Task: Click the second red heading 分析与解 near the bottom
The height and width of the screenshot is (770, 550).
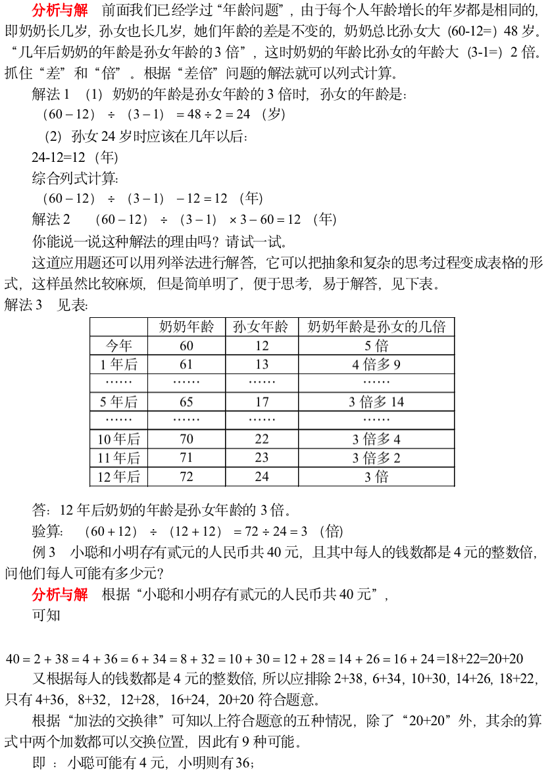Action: pos(60,594)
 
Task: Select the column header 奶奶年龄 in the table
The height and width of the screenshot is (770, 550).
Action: pos(186,326)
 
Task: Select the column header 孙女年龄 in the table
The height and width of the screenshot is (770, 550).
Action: pos(261,326)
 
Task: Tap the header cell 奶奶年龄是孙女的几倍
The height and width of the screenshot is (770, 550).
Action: pos(376,326)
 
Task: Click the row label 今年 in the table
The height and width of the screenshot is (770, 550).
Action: pos(118,346)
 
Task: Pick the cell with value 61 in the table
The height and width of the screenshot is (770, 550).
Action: pos(186,364)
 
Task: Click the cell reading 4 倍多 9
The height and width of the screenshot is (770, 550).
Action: pos(376,364)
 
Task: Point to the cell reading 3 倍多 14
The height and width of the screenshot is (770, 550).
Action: pos(376,401)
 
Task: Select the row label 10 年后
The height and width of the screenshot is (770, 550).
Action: pos(118,439)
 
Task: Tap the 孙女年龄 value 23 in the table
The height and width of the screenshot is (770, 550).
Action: pos(261,457)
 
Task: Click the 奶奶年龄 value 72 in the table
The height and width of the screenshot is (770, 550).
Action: pos(186,476)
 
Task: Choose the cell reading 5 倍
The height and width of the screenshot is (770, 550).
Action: pos(376,346)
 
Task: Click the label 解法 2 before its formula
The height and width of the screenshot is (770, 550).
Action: pos(51,219)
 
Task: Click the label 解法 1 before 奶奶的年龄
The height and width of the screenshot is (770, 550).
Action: pos(51,94)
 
